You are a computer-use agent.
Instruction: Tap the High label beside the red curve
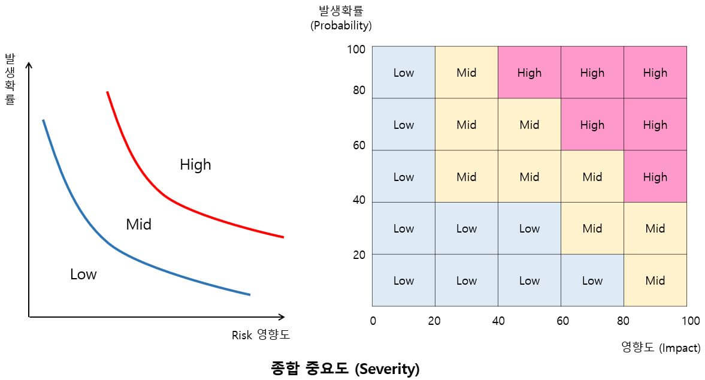tap(195, 164)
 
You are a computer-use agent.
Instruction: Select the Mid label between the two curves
tap(138, 225)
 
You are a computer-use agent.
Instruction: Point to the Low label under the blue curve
tap(83, 275)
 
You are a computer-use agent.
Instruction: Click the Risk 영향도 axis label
tap(261, 335)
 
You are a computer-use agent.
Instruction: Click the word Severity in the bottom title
tap(386, 369)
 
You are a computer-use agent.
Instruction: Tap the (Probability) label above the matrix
tap(341, 26)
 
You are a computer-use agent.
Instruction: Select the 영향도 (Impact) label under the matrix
tap(661, 348)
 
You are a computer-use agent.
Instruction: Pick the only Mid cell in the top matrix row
tap(466, 73)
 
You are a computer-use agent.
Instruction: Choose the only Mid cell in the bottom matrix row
tap(655, 281)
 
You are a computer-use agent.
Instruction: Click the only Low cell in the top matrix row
tap(403, 73)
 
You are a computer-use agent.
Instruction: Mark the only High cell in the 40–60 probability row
tap(655, 177)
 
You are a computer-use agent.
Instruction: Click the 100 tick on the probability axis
tap(356, 49)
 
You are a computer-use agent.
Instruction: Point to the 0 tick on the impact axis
tap(373, 321)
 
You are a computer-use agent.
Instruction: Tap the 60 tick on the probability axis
tap(358, 146)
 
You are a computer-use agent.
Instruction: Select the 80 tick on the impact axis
tap(624, 321)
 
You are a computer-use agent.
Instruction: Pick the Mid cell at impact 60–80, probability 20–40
tap(592, 228)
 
